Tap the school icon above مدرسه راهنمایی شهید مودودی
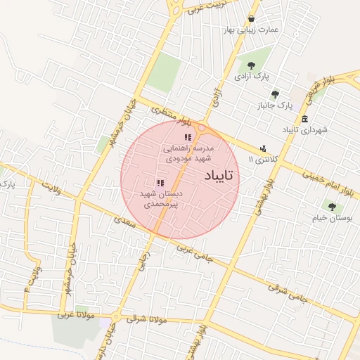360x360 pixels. [x=187, y=138]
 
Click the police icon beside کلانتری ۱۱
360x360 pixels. [x=263, y=148]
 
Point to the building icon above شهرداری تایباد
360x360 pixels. [x=304, y=119]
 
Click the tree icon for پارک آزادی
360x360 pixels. [x=251, y=65]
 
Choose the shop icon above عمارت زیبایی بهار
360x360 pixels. [x=252, y=19]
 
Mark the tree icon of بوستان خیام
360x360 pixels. [x=331, y=207]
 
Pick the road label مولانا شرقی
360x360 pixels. [x=147, y=319]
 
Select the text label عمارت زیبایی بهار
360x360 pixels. [x=251, y=30]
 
